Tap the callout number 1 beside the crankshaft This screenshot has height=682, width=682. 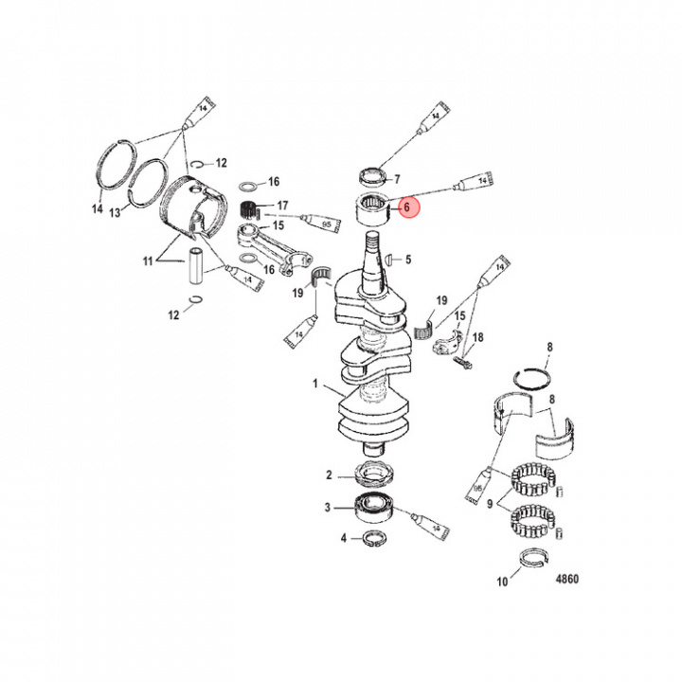316,386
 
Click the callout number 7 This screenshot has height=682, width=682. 397,178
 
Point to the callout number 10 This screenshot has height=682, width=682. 500,581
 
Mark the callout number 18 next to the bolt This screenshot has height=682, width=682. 478,337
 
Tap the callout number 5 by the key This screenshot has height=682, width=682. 408,260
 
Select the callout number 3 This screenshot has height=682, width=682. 329,508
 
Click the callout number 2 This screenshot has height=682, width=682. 329,475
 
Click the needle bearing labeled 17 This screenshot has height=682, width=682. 252,206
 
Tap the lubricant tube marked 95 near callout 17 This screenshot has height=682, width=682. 314,224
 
